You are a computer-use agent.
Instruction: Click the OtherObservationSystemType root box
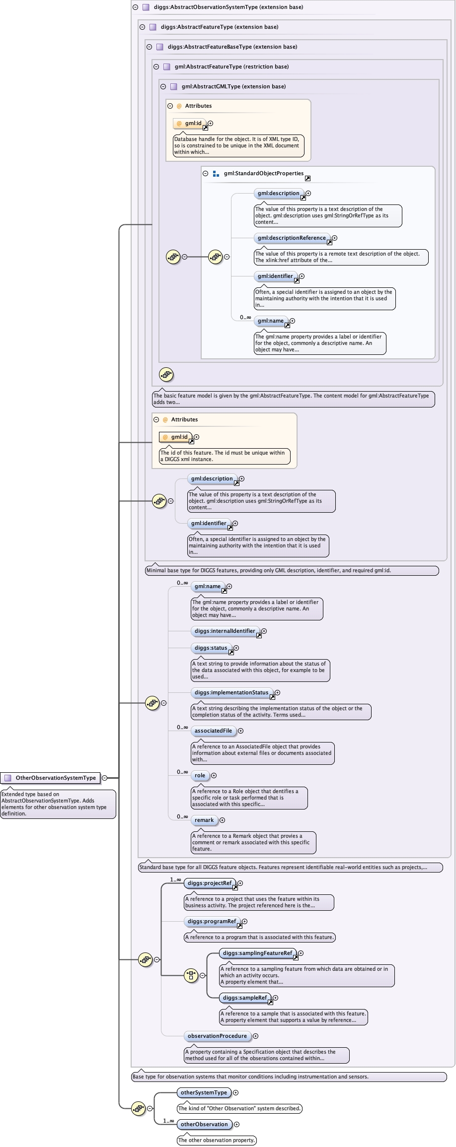pyautogui.click(x=51, y=778)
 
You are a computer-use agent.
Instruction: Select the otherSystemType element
pyautogui.click(x=204, y=1092)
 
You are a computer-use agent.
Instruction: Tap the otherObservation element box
pyautogui.click(x=204, y=1124)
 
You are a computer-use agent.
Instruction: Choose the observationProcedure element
pyautogui.click(x=217, y=1036)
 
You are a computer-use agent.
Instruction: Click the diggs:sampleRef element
pyautogui.click(x=244, y=998)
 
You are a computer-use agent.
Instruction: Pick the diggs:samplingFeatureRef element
pyautogui.click(x=257, y=953)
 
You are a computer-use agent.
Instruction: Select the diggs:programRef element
pyautogui.click(x=212, y=921)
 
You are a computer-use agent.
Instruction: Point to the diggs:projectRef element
pyautogui.click(x=210, y=883)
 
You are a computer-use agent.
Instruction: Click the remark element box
pyautogui.click(x=204, y=820)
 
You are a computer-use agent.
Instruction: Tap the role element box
pyautogui.click(x=200, y=775)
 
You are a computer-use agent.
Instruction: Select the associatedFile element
pyautogui.click(x=213, y=731)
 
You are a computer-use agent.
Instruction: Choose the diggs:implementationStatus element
pyautogui.click(x=231, y=692)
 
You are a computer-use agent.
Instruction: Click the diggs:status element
pyautogui.click(x=211, y=648)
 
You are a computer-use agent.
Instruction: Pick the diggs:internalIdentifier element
pyautogui.click(x=225, y=631)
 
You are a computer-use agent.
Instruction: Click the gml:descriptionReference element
pyautogui.click(x=292, y=238)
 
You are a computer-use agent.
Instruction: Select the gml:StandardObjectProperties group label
pyautogui.click(x=263, y=173)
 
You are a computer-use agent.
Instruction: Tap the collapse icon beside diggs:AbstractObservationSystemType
pyautogui.click(x=135, y=7)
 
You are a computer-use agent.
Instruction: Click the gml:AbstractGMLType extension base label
pyautogui.click(x=233, y=86)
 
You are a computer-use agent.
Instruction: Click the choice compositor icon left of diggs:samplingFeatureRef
pyautogui.click(x=191, y=975)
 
